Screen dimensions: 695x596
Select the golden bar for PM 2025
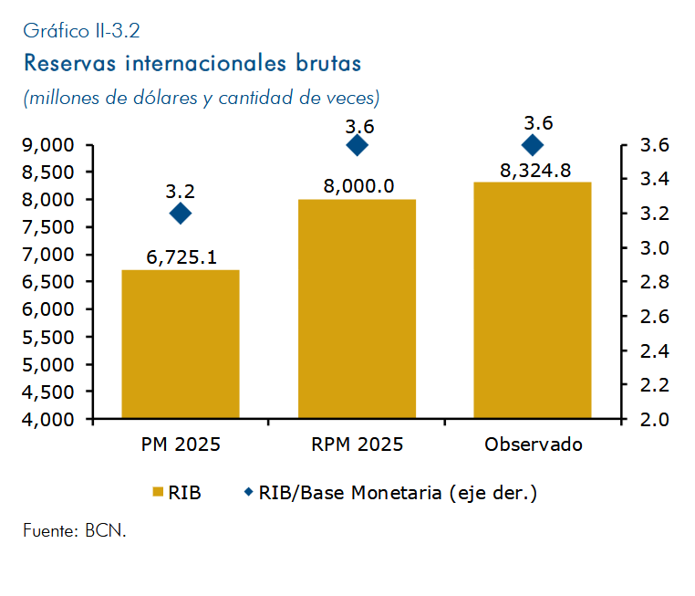click(181, 344)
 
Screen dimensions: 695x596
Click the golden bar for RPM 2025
click(357, 308)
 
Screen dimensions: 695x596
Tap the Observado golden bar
click(533, 299)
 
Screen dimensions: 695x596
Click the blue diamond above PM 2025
click(181, 214)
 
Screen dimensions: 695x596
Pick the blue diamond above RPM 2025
click(357, 145)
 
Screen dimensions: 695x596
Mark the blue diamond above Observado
click(533, 145)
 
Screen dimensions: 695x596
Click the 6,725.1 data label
click(182, 257)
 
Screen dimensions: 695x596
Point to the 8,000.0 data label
click(358, 186)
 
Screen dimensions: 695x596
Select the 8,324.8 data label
click(535, 171)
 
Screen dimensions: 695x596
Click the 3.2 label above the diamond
click(181, 191)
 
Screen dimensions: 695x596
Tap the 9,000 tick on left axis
click(47, 145)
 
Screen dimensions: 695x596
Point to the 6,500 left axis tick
click(47, 282)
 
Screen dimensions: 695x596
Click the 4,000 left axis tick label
click(47, 419)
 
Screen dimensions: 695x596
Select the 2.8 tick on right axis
click(655, 282)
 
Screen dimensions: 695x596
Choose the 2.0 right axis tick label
click(655, 420)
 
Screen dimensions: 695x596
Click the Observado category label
click(534, 444)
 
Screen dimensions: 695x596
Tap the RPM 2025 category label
click(358, 444)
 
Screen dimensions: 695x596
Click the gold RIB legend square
click(158, 492)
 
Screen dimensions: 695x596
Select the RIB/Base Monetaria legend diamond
click(249, 492)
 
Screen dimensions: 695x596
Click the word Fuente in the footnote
click(51, 530)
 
